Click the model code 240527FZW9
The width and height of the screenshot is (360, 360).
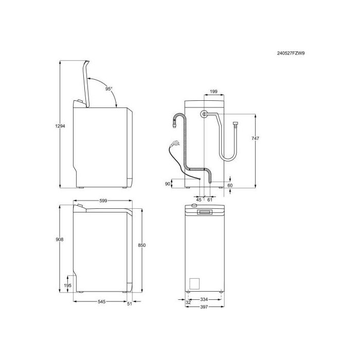(291, 53)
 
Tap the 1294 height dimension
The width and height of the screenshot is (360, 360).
(60, 126)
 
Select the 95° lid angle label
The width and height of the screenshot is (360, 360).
(109, 89)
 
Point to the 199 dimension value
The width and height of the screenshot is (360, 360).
(213, 92)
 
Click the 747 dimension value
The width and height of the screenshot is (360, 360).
(255, 138)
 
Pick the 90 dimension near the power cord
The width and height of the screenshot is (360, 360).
(168, 184)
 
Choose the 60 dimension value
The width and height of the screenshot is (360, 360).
(230, 185)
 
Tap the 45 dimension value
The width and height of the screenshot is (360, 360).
(199, 200)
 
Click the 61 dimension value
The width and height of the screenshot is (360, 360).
(210, 200)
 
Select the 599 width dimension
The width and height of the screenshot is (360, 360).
(103, 201)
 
